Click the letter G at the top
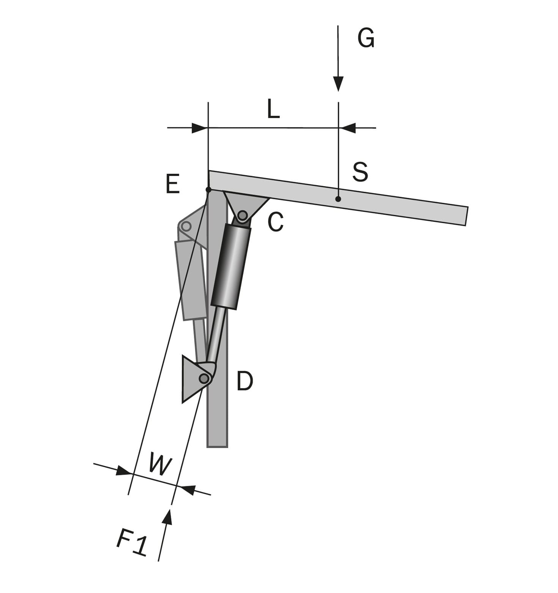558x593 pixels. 366,38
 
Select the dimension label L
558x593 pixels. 273,109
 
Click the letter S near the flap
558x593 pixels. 360,172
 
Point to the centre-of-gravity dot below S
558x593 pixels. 338,199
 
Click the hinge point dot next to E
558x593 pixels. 208,189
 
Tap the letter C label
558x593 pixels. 275,222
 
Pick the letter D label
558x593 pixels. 244,381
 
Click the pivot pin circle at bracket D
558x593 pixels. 204,378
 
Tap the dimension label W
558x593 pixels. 160,464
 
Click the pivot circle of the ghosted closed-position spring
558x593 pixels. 186,227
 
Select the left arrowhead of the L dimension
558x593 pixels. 199,128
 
